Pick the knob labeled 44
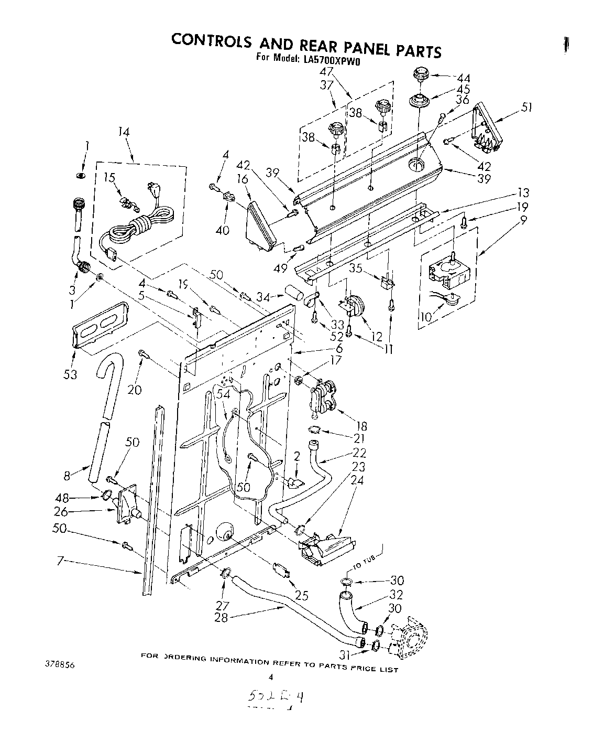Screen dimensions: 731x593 [420, 74]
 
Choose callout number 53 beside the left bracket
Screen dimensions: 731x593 [70, 374]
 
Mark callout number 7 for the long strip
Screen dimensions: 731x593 [60, 562]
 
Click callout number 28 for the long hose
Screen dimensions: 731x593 [221, 617]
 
